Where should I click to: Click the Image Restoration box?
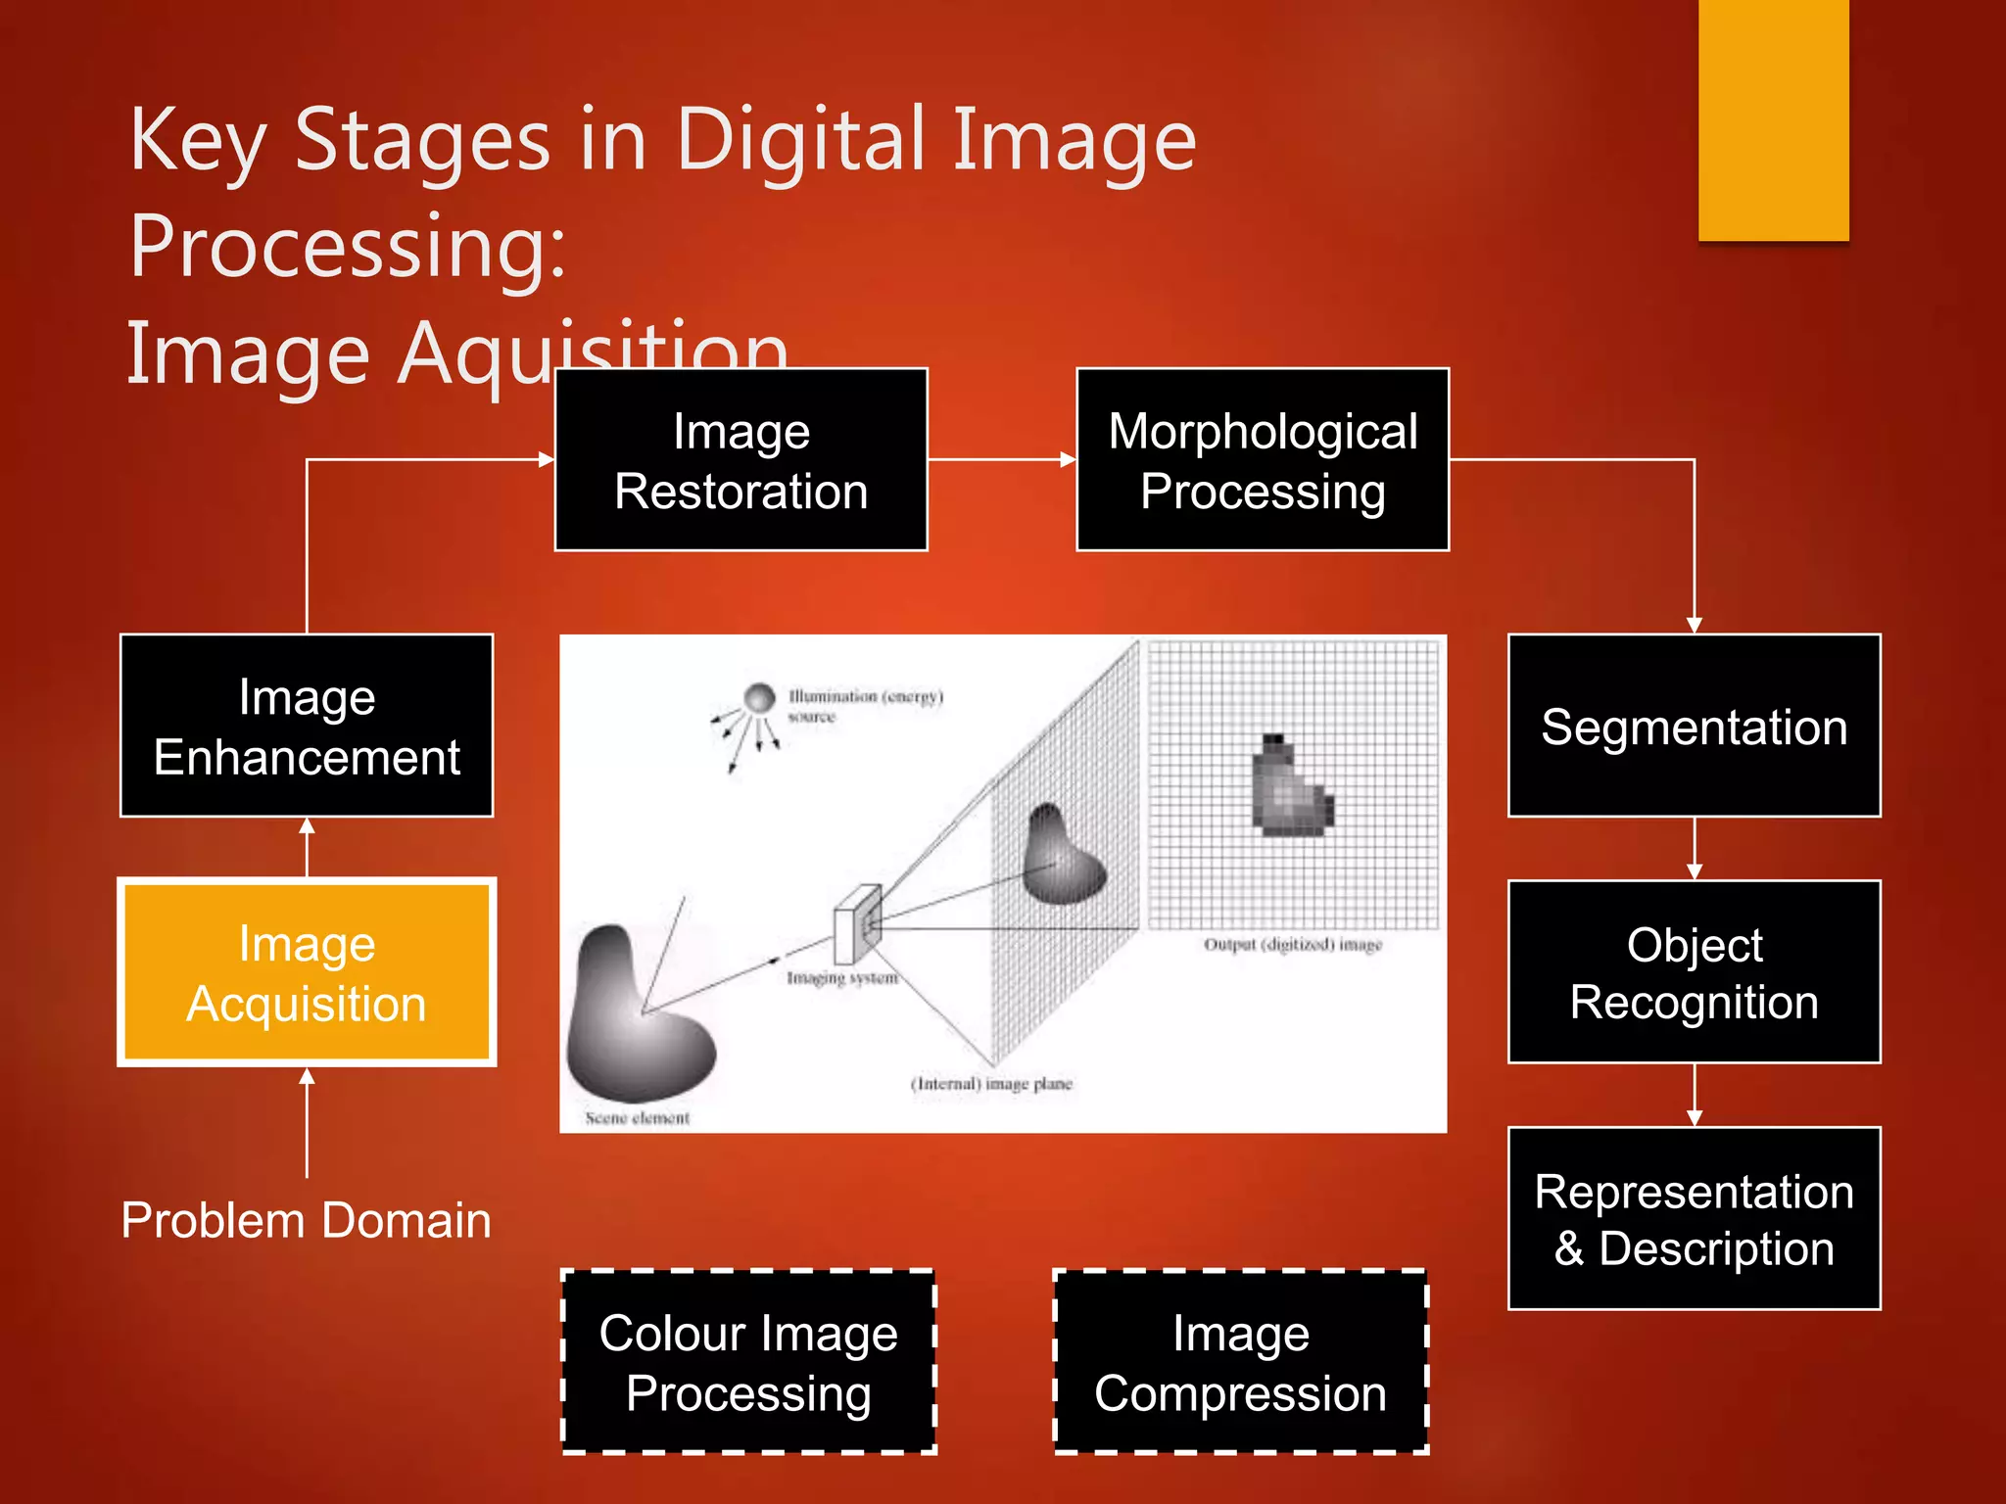click(740, 459)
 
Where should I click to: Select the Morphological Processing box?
click(1262, 459)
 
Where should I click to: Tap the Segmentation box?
click(1694, 726)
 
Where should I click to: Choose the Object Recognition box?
click(1694, 972)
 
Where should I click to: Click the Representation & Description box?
click(1694, 1218)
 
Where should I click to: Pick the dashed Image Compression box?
click(1240, 1362)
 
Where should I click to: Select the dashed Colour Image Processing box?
click(748, 1362)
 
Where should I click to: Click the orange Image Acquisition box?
click(307, 972)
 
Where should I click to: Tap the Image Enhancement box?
click(307, 726)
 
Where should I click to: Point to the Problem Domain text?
click(307, 1220)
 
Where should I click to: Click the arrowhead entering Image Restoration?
click(547, 459)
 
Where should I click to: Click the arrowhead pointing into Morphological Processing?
click(1068, 459)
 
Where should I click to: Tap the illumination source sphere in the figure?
click(759, 698)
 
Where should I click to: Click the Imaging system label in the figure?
click(841, 977)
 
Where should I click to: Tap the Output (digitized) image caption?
click(1292, 944)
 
